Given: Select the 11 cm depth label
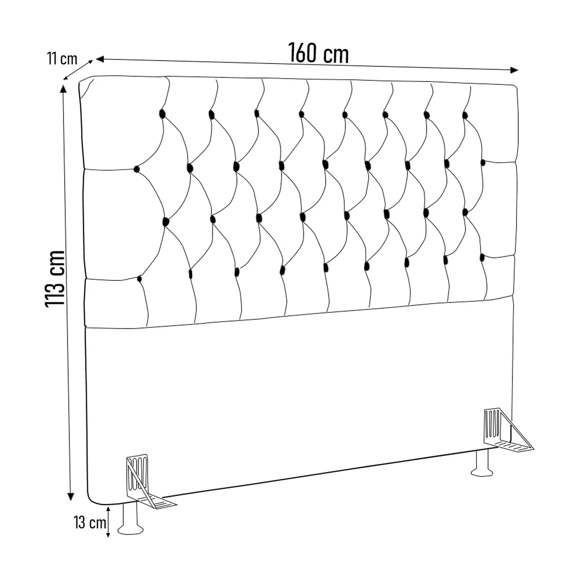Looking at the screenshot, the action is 62,59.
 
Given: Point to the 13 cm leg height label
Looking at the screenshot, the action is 90,523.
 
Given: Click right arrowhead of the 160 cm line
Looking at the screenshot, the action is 514,70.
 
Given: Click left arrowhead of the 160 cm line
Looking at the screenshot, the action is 100,59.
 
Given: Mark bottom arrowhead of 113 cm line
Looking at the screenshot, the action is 70,496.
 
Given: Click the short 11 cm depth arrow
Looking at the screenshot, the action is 78,70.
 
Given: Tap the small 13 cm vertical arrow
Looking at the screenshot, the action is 108,522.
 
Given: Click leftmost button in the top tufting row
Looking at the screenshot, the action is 162,114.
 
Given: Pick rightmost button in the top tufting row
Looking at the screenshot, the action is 465,115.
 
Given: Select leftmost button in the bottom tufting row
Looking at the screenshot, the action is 140,279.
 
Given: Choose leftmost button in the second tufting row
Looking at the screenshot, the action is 136,169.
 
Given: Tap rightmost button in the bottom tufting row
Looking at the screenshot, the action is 482,258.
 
